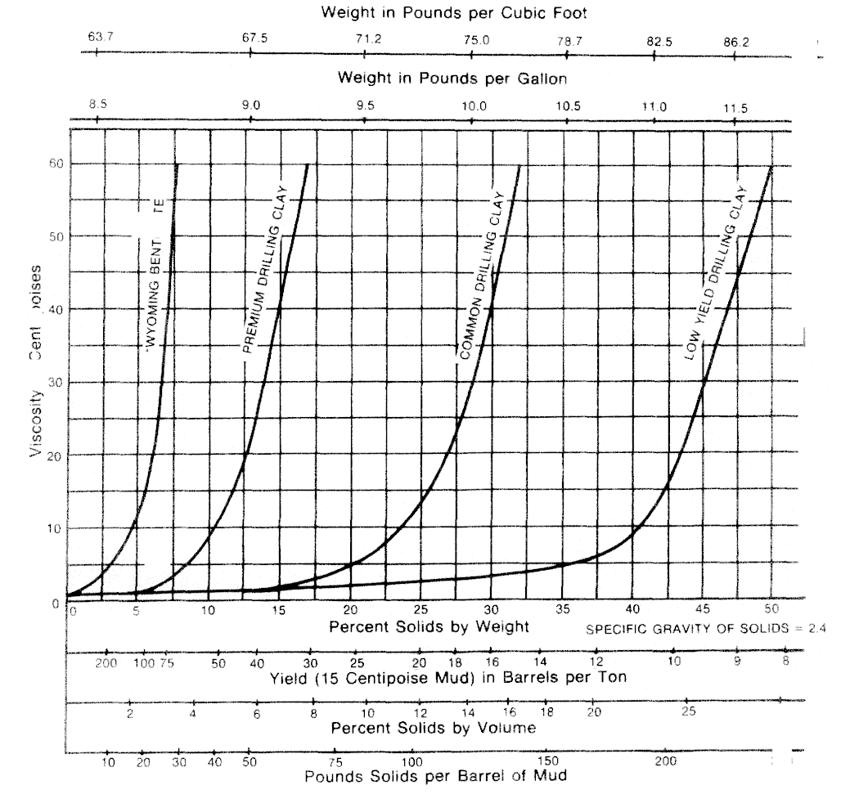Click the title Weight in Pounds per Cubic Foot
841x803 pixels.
pyautogui.click(x=454, y=12)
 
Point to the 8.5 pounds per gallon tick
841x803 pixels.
pyautogui.click(x=97, y=106)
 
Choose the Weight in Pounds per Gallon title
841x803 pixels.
pyautogui.click(x=452, y=79)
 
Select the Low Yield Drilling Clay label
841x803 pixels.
pyautogui.click(x=716, y=274)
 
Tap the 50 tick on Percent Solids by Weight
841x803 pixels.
pyautogui.click(x=771, y=610)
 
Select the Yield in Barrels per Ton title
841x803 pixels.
pyautogui.click(x=448, y=679)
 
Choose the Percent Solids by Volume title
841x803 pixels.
pyautogui.click(x=434, y=727)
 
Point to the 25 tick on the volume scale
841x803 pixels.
pyautogui.click(x=689, y=712)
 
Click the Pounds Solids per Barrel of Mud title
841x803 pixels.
pyautogui.click(x=435, y=776)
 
